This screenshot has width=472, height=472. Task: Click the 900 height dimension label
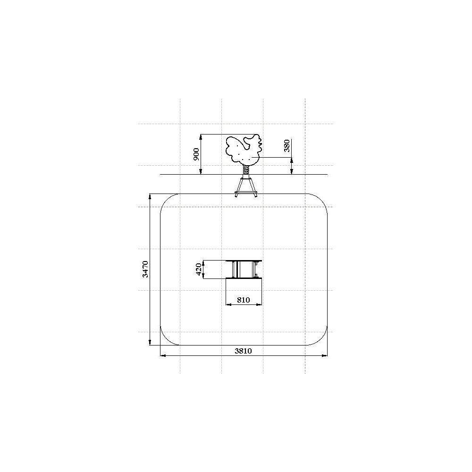[x=196, y=154]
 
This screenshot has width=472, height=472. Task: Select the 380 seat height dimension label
[x=287, y=146]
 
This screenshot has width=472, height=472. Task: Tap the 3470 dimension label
[x=145, y=269]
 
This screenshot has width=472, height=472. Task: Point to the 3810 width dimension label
[x=243, y=351]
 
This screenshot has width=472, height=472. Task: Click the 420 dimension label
[x=198, y=270]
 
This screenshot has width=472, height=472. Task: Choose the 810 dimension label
[x=243, y=300]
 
